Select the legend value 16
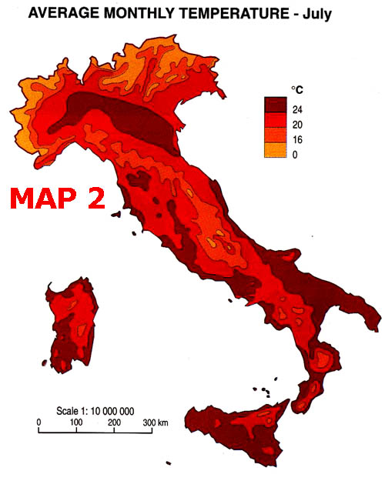tap(297, 139)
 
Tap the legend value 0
tap(295, 154)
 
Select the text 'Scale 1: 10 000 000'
tap(96, 410)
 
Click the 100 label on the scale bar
tap(75, 423)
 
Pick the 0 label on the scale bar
tap(38, 423)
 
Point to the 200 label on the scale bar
tap(114, 423)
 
